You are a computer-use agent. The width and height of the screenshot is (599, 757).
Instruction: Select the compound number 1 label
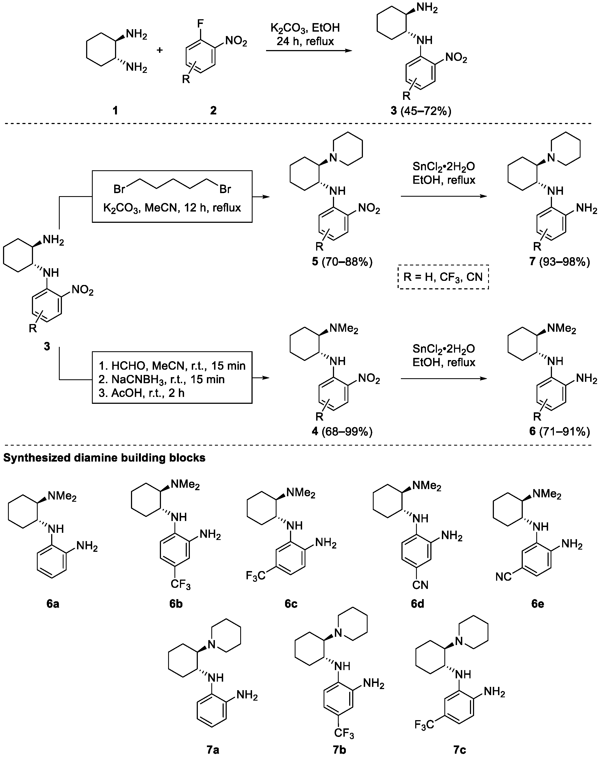115,111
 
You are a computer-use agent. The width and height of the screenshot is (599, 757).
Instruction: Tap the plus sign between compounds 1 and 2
160,50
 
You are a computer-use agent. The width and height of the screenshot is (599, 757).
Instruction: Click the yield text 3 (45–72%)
421,111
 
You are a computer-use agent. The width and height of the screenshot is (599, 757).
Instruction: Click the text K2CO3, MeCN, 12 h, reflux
172,208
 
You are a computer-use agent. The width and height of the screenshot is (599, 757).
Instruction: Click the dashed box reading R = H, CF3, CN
443,277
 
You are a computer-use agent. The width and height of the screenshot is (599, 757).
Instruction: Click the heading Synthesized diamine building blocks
104,458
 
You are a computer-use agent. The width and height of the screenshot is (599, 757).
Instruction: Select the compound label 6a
53,604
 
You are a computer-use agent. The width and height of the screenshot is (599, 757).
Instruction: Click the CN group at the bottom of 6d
420,585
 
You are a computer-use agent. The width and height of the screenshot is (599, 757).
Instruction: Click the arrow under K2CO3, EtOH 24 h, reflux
309,51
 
